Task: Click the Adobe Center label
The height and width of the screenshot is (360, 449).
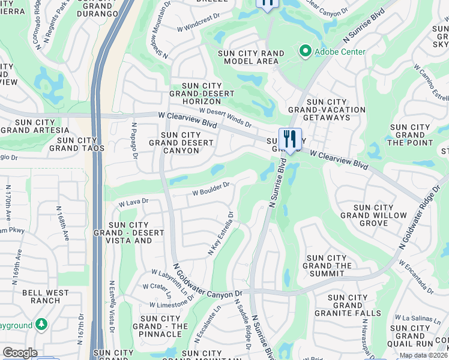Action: click(340, 52)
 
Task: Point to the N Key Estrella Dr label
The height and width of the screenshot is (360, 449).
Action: click(221, 233)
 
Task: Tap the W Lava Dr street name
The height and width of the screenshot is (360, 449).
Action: click(133, 202)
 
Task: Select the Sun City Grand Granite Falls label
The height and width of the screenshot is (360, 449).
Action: click(354, 305)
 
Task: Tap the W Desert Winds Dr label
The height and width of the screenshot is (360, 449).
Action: click(225, 117)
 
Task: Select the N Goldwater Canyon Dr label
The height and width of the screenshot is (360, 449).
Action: click(208, 289)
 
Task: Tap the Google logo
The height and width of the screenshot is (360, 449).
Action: click(20, 353)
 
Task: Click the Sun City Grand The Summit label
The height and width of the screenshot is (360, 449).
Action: click(327, 266)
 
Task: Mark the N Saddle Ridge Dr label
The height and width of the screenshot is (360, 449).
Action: click(246, 331)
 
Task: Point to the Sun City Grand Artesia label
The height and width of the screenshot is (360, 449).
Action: click(35, 125)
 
